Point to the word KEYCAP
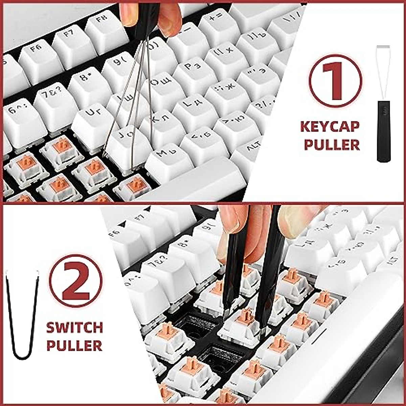[330, 127]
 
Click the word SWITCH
[74, 328]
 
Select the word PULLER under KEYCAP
[332, 144]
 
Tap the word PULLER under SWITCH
[74, 345]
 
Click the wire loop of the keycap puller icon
[383, 68]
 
